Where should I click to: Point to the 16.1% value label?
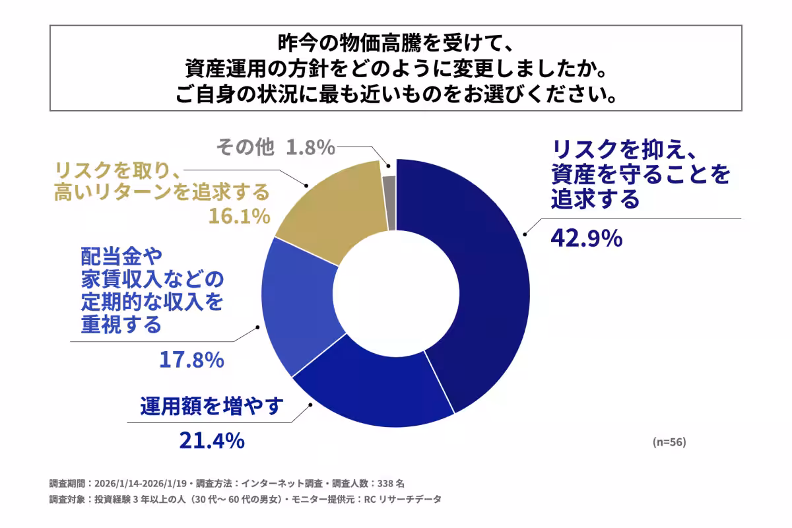click(x=240, y=216)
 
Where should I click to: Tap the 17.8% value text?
click(x=191, y=360)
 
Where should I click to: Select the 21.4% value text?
click(x=211, y=440)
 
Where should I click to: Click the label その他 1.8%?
click(x=276, y=147)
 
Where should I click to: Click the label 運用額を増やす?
click(x=211, y=406)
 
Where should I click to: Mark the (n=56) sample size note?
click(x=669, y=442)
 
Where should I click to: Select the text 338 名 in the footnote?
click(x=395, y=482)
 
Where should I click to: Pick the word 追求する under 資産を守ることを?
click(x=595, y=198)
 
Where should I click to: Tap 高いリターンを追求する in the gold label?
click(x=162, y=192)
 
